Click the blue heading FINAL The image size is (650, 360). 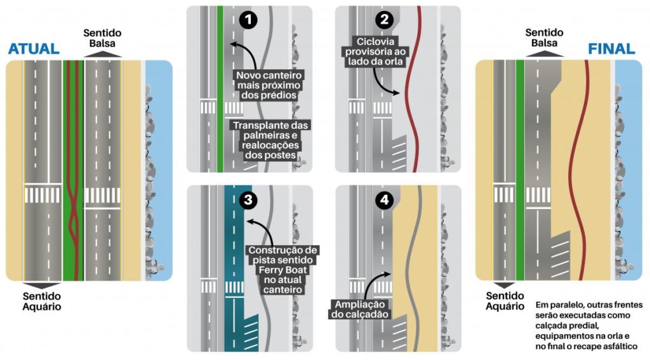611,49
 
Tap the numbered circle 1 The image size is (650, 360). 249,20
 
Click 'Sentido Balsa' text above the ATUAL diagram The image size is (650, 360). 102,38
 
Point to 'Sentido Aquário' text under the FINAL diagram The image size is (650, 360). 505,301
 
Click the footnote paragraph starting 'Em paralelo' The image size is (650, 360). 586,325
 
